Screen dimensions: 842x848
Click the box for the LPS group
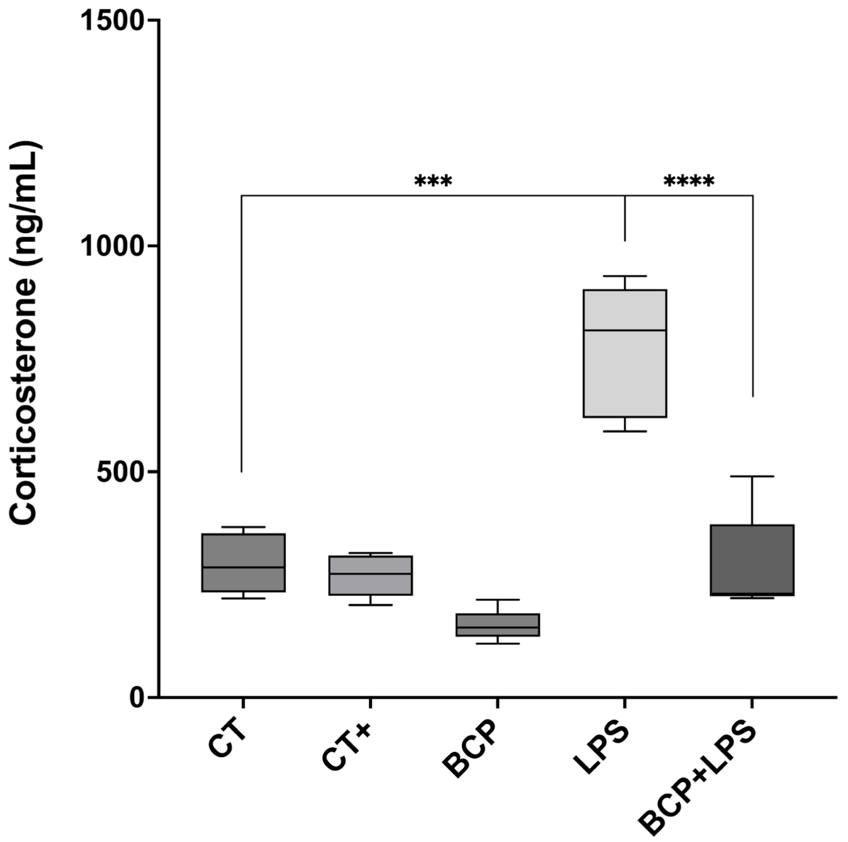(625, 373)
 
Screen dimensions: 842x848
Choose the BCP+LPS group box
(752, 560)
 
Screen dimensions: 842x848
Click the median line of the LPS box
(625, 330)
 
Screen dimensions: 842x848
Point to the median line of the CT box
(243, 568)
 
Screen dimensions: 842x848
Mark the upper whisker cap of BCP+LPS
(752, 476)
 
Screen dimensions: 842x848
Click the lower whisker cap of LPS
(625, 431)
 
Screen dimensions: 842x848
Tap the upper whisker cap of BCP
(497, 599)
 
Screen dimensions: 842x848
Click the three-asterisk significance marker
(433, 181)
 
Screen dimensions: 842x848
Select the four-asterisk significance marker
(688, 181)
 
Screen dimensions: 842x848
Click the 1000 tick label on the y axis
(113, 247)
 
